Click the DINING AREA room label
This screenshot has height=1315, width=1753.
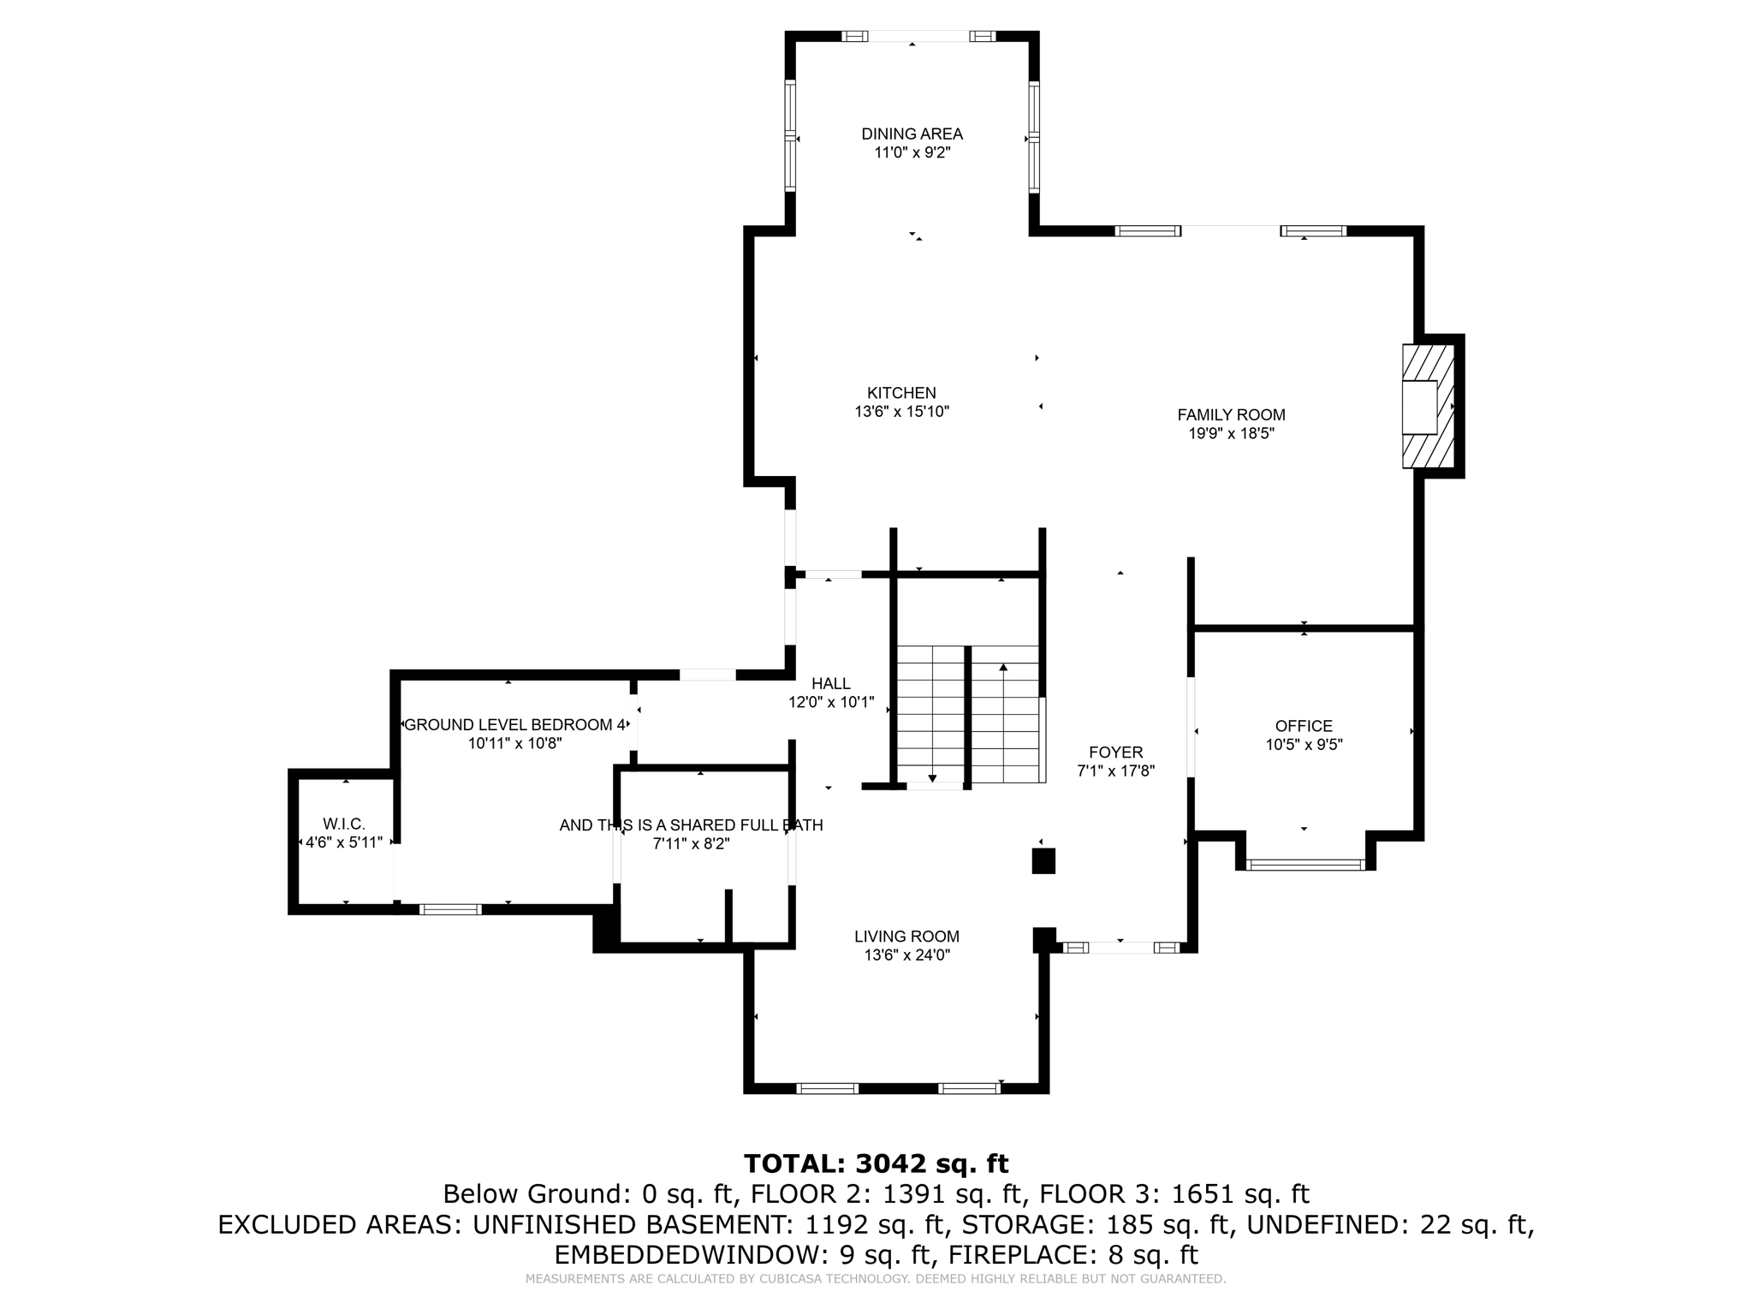click(912, 134)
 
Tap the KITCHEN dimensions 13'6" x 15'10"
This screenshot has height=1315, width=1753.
click(901, 412)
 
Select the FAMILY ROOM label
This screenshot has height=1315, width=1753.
click(1231, 415)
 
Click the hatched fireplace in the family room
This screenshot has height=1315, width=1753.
click(1428, 407)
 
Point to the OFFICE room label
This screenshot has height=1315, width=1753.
click(1304, 726)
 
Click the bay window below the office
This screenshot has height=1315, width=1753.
click(1305, 865)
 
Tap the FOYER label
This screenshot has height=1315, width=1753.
click(1115, 753)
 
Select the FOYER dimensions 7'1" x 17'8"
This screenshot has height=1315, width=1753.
click(1115, 771)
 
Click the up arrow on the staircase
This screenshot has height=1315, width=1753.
click(1003, 669)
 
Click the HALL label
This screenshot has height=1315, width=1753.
click(830, 684)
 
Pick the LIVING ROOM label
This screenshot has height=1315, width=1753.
click(906, 937)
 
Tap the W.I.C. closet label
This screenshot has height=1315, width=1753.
click(344, 824)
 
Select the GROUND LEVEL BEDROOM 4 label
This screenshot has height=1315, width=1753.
click(514, 725)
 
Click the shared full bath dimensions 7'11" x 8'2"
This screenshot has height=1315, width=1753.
click(691, 844)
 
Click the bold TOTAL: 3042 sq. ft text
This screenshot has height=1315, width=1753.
click(876, 1163)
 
